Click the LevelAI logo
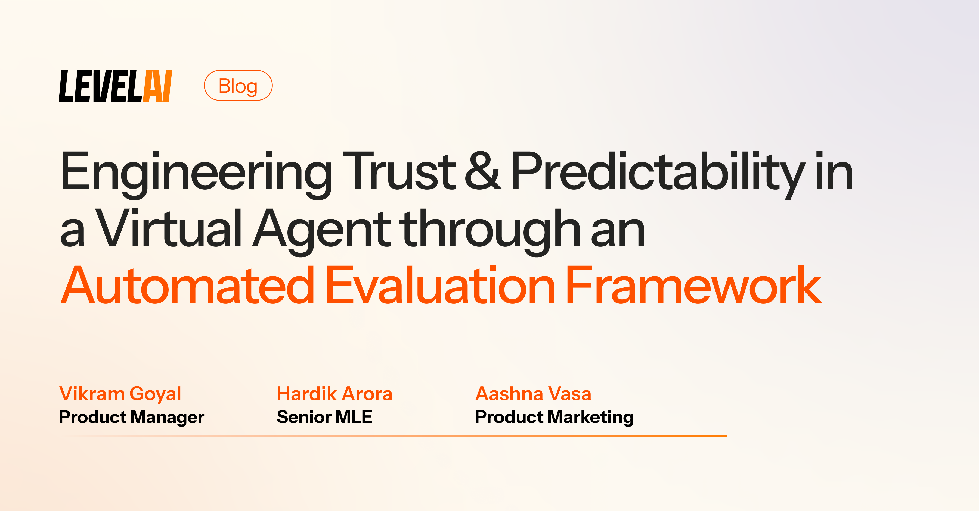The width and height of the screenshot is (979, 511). [x=115, y=86]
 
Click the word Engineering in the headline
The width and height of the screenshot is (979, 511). [x=196, y=172]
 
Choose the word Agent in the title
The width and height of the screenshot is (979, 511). [x=321, y=228]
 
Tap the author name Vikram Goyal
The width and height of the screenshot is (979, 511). [x=120, y=394]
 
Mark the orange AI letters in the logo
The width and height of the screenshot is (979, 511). [x=157, y=86]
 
